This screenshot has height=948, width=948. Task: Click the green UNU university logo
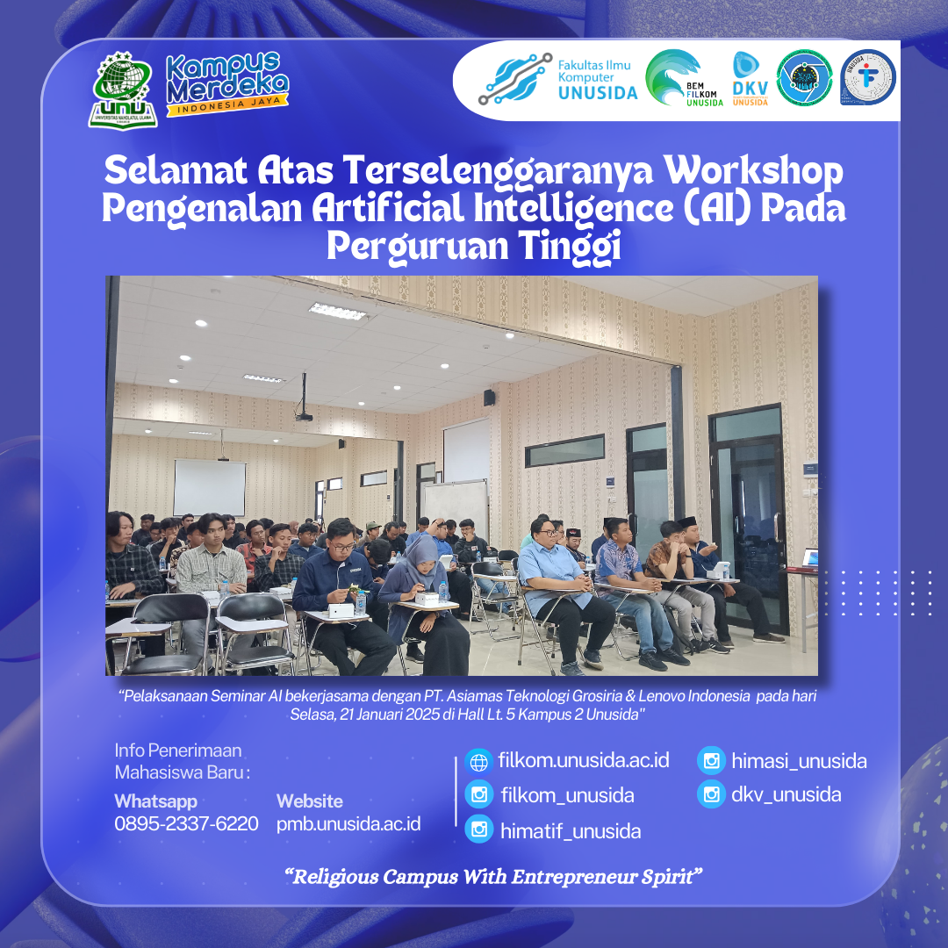point(123,90)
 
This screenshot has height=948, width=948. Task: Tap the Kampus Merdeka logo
point(226,83)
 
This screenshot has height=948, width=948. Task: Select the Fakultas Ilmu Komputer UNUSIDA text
point(597,79)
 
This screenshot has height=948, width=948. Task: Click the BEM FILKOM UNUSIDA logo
point(683,78)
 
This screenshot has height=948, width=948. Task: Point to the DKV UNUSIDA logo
point(750,79)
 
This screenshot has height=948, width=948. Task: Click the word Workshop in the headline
point(753,172)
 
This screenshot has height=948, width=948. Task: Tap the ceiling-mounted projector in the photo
point(304,415)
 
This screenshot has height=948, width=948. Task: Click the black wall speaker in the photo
point(489,398)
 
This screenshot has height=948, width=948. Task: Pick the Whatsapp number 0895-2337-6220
point(186,823)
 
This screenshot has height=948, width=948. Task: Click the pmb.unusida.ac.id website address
point(348,824)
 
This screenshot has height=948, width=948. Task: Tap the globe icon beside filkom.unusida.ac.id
point(479,762)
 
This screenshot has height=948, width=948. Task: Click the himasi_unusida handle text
point(799,761)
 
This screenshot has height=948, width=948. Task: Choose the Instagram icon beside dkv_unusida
point(711,794)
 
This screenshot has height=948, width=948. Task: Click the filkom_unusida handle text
point(567,795)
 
